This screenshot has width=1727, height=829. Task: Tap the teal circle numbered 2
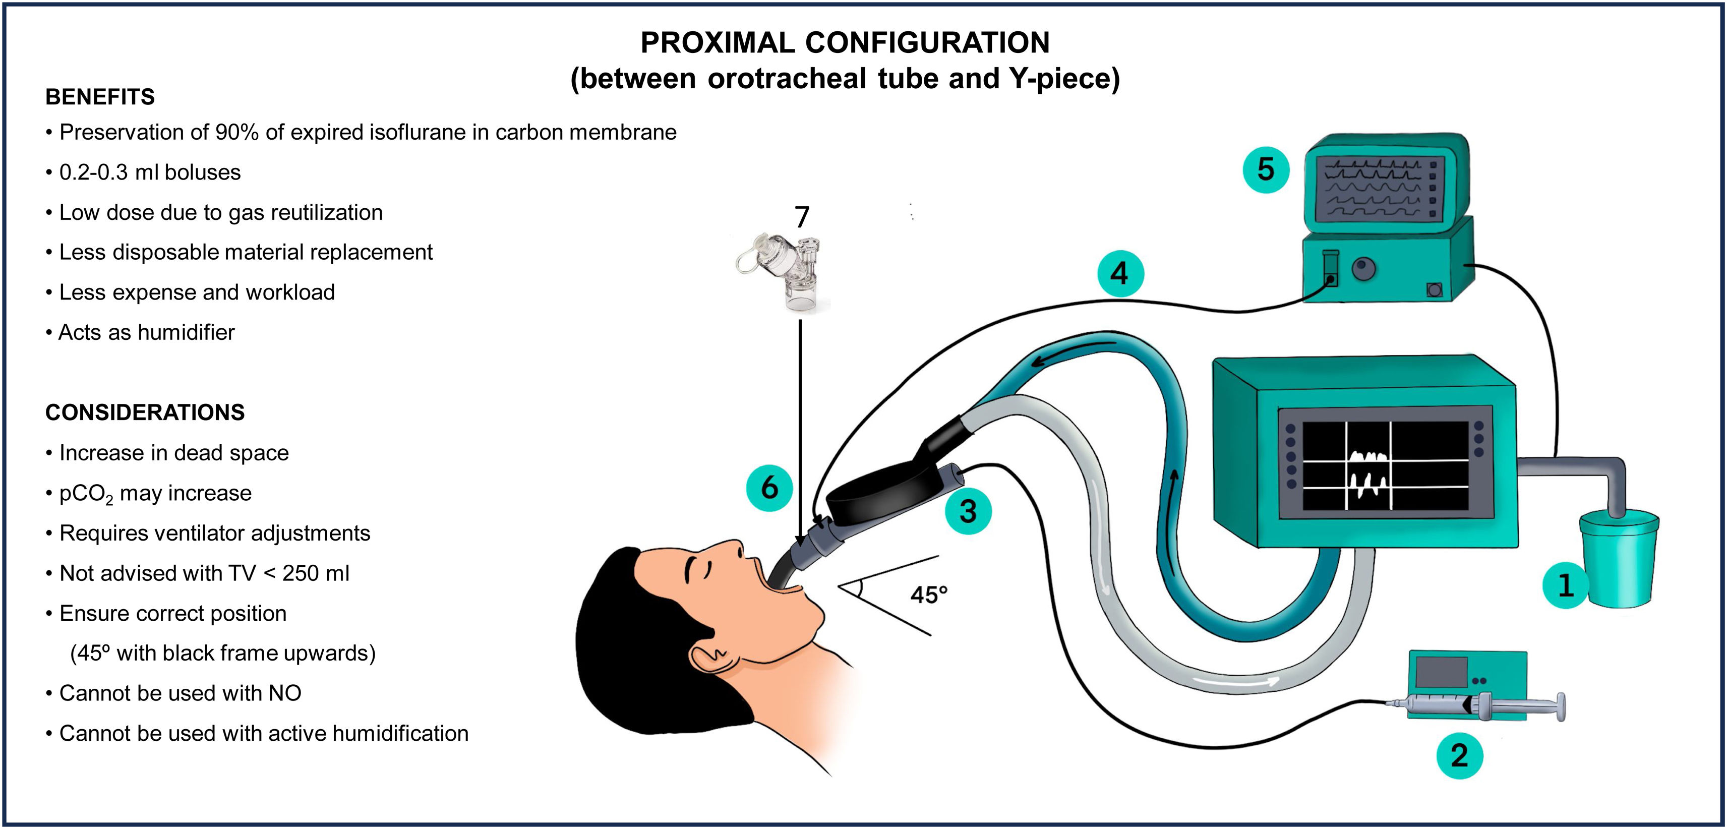(1459, 755)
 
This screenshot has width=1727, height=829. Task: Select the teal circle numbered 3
(968, 511)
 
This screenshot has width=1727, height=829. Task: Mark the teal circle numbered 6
(769, 488)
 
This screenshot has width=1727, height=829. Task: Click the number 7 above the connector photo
(802, 217)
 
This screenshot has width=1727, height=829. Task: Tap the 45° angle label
(928, 594)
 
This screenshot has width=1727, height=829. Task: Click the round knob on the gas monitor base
(1363, 270)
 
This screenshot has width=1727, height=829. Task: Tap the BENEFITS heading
(100, 97)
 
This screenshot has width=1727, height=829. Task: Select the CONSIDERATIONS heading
(145, 412)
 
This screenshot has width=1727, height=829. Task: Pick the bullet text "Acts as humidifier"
(147, 332)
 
